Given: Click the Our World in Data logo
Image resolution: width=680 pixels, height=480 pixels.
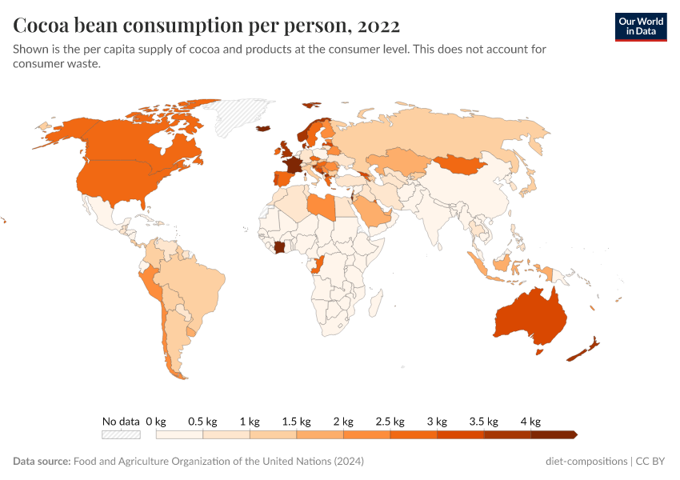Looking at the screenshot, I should pos(640,26).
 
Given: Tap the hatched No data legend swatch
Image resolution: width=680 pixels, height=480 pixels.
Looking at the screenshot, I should pos(121,434).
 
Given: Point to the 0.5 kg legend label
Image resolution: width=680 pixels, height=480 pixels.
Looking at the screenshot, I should pos(202,422).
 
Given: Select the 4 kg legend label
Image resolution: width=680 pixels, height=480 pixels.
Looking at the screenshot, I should pos(530,422).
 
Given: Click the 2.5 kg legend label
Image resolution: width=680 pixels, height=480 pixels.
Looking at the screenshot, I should pos(390,422).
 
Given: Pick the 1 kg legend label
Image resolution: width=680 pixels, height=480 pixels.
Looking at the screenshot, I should pos(250,422).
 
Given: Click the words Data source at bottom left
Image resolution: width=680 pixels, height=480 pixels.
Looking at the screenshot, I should pos(41,462).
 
